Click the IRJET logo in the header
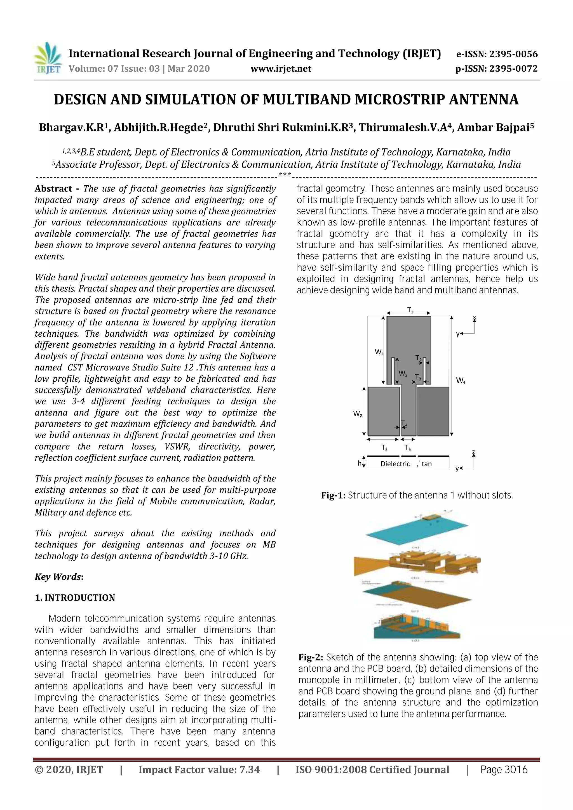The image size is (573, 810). tap(47, 58)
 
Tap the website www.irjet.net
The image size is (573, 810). tap(281, 69)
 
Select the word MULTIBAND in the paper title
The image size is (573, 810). tap(307, 100)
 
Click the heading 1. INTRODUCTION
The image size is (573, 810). tap(75, 598)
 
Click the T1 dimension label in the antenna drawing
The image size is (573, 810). tap(410, 310)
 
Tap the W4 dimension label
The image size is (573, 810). tap(460, 381)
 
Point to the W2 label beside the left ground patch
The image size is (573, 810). tap(358, 414)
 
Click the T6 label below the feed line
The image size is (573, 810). tap(407, 448)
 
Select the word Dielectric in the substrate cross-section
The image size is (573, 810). tap(395, 464)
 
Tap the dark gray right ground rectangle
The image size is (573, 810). tap(433, 411)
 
